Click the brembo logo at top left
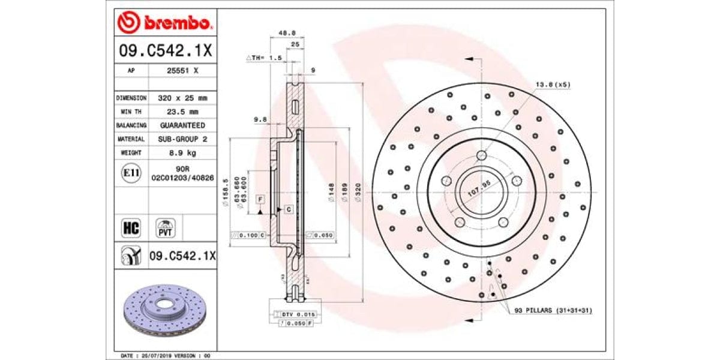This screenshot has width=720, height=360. [164, 22]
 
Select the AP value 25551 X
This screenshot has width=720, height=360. [182, 70]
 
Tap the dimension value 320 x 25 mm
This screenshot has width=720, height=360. [182, 97]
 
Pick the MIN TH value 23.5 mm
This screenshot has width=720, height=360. [182, 111]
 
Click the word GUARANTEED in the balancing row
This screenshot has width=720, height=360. [182, 125]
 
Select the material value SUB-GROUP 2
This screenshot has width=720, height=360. [182, 139]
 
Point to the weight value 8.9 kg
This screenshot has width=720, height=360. [182, 153]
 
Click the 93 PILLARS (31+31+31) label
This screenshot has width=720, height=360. [553, 311]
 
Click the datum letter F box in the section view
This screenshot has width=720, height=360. [260, 199]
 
